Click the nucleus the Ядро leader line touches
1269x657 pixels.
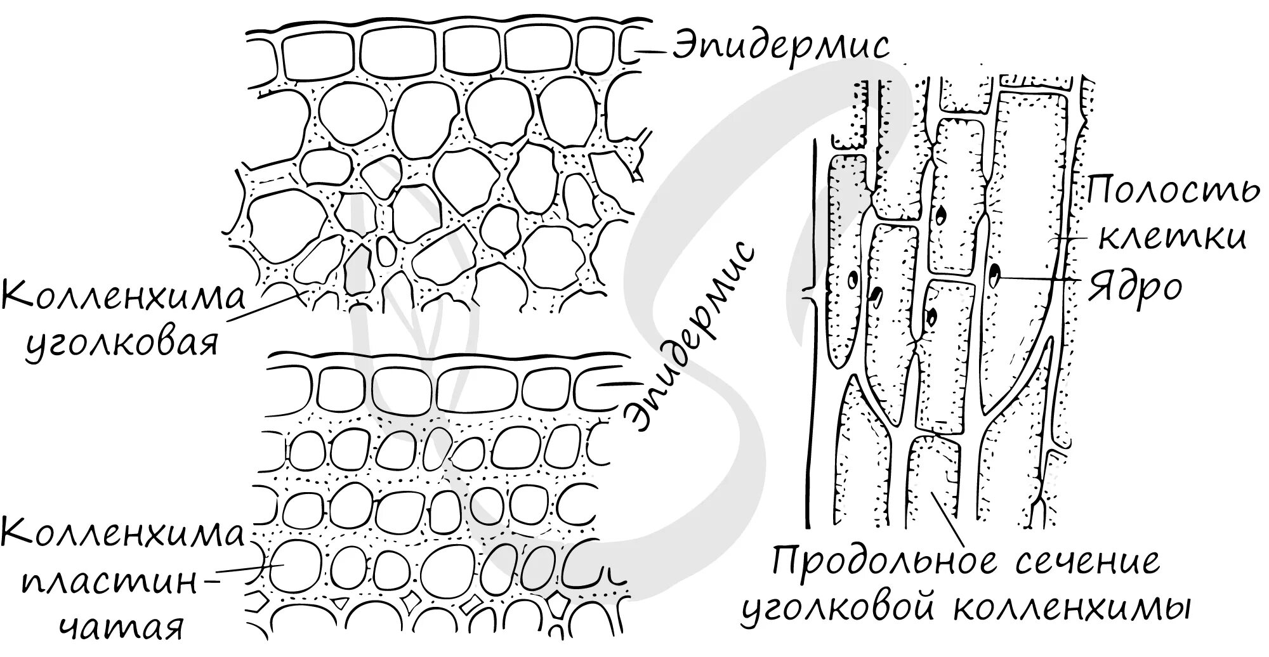click(x=993, y=275)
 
